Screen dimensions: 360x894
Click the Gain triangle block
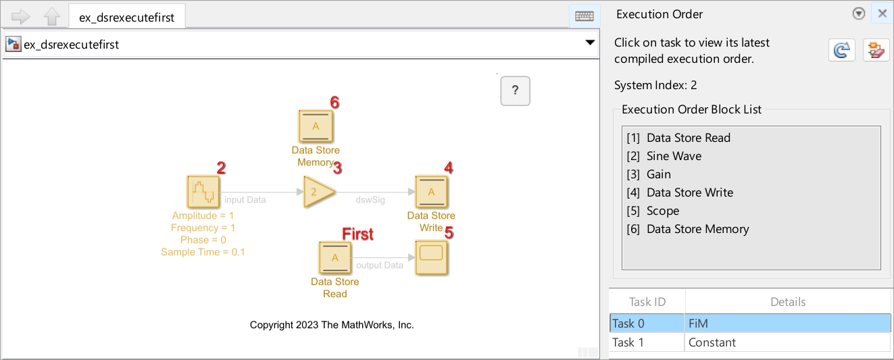(318, 192)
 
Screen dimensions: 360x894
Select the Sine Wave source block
(203, 192)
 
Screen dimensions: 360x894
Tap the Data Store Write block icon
(431, 192)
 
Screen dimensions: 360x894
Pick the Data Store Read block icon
(335, 258)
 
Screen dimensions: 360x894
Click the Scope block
(431, 257)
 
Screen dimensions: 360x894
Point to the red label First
(357, 234)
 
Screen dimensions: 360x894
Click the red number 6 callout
(334, 103)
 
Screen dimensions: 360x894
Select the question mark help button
(515, 91)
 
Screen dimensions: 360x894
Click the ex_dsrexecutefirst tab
(127, 18)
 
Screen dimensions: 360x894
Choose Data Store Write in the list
(689, 192)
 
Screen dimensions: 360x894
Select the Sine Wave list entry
(674, 156)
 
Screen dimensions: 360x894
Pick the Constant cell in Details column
(712, 342)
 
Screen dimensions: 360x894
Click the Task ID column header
(647, 302)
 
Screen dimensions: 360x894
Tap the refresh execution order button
(841, 51)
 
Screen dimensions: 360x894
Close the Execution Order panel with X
(882, 14)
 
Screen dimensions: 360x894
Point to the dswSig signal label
(370, 199)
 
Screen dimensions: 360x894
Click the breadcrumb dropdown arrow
(590, 43)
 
